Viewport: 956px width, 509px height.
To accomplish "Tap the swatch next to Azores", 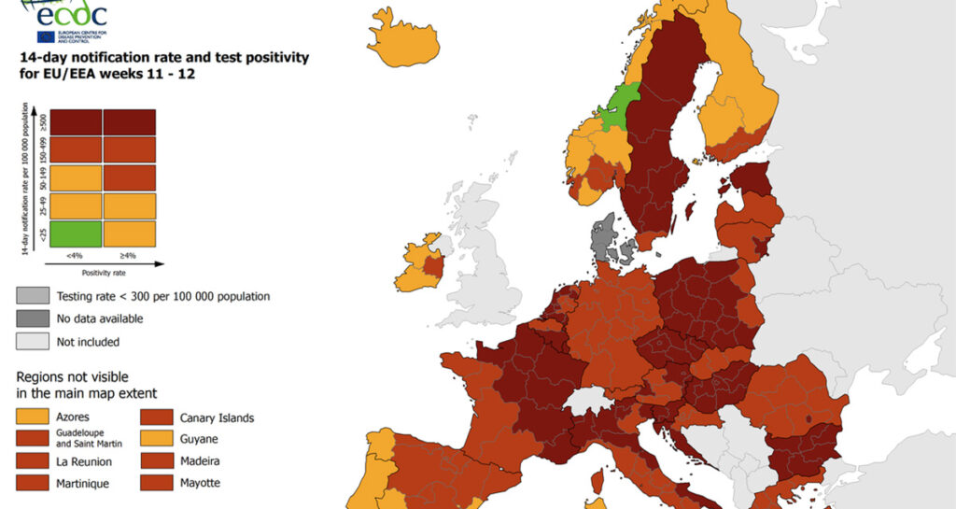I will pyautogui.click(x=33, y=417).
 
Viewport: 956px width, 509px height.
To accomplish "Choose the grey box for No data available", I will pyautogui.click(x=33, y=319).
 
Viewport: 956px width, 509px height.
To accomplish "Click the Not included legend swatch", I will pyautogui.click(x=33, y=342).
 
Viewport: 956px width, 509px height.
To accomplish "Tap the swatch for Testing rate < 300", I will pyautogui.click(x=33, y=296).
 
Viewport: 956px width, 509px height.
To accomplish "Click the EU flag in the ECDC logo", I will pyautogui.click(x=47, y=36).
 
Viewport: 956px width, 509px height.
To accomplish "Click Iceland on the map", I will pyautogui.click(x=401, y=39).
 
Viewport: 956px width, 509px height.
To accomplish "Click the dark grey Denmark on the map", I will pyautogui.click(x=608, y=233).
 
